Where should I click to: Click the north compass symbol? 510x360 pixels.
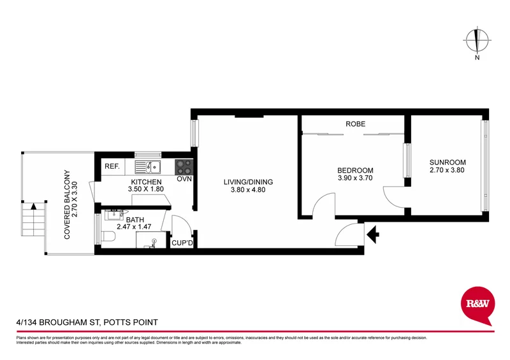[x=476, y=41]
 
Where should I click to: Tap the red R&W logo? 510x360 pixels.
[x=476, y=305]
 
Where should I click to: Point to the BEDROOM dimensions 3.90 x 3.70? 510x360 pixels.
[x=355, y=180]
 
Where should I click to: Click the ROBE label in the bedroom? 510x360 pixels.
[x=355, y=124]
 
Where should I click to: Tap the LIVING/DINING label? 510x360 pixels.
[x=248, y=182]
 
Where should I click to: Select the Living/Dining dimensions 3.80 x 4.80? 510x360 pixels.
[x=248, y=191]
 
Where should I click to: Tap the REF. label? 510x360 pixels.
[x=112, y=167]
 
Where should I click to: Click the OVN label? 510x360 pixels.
[x=184, y=178]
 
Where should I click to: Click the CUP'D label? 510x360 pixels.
[x=182, y=243]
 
